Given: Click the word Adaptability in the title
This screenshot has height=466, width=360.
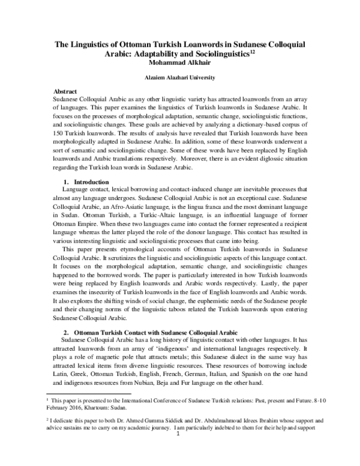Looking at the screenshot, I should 161,55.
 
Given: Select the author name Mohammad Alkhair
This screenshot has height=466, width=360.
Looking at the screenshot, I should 179,64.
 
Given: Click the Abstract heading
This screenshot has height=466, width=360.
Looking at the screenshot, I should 65,90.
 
